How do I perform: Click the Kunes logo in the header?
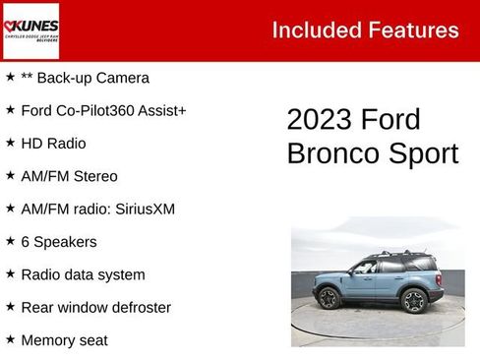pos(30,30)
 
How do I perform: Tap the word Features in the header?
pos(412,30)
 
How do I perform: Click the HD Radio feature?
pos(53,144)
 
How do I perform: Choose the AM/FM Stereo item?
pos(69,176)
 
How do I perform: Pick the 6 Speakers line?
pos(59,241)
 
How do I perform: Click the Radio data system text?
pos(83,274)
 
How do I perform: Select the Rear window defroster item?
pos(95,307)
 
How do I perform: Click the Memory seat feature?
pos(64,340)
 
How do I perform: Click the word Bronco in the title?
pos(330,154)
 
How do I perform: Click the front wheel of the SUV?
pos(330,298)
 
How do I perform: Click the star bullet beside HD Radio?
pos(10,143)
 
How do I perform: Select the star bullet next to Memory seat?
pos(10,339)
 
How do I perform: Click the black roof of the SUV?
pos(393,257)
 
